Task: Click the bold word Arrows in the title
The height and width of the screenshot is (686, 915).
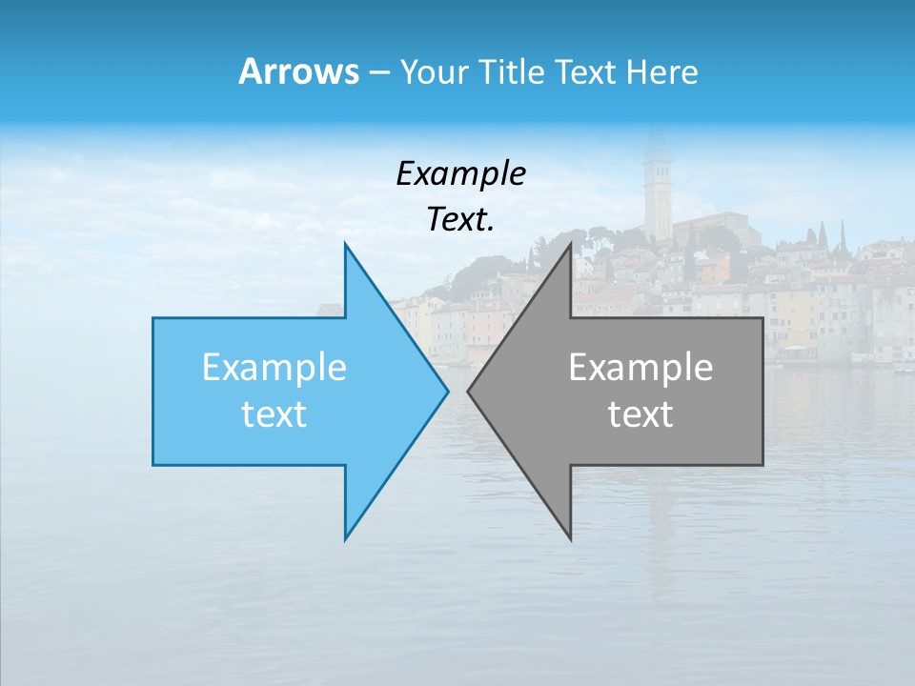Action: click(297, 71)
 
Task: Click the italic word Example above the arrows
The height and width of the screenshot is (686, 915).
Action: click(460, 173)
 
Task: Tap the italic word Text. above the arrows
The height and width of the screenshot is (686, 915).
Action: click(460, 219)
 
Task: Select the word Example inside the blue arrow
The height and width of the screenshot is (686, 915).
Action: click(274, 368)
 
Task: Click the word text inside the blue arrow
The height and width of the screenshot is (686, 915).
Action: click(274, 414)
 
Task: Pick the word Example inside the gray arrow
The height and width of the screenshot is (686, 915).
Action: click(640, 368)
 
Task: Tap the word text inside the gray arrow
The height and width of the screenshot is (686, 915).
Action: click(640, 414)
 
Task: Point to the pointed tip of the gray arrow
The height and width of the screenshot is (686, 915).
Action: click(469, 391)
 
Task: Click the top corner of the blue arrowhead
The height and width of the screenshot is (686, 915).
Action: click(346, 245)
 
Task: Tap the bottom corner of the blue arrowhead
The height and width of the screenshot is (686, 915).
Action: click(346, 538)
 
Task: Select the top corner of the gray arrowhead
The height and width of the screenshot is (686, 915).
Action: click(570, 245)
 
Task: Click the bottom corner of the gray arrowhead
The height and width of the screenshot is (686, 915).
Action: click(570, 538)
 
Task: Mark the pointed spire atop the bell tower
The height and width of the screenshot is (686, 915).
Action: click(656, 138)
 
